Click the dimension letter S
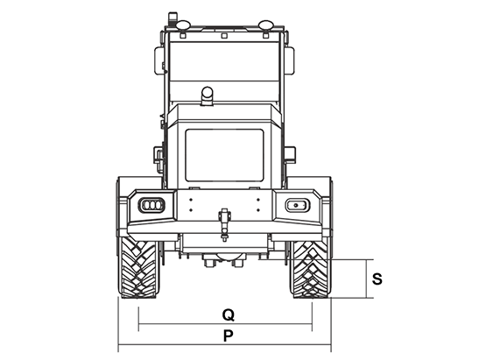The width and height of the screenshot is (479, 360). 377,279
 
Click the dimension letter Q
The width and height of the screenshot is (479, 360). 229,315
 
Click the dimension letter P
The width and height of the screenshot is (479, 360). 229,335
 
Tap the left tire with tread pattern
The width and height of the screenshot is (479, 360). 139,269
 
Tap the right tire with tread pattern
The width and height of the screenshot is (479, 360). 311,269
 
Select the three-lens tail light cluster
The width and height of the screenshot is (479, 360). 151,205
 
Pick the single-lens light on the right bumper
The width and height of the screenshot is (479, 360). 298,205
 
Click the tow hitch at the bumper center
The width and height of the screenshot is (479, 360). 224,224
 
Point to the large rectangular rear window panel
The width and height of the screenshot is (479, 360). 224,156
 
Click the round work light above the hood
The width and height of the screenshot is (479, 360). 208,95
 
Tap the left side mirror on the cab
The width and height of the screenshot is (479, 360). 158,60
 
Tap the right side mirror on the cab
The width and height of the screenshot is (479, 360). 290,60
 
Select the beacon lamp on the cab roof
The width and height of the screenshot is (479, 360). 173,19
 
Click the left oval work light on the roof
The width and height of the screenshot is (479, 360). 183,25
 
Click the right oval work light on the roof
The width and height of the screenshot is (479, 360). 266,25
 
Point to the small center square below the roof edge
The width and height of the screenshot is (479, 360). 224,36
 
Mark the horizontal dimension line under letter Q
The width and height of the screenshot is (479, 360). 225,323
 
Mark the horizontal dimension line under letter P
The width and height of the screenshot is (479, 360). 224,344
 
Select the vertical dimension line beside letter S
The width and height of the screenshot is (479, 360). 366,279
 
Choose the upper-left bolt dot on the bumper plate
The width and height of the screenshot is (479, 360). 191,200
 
